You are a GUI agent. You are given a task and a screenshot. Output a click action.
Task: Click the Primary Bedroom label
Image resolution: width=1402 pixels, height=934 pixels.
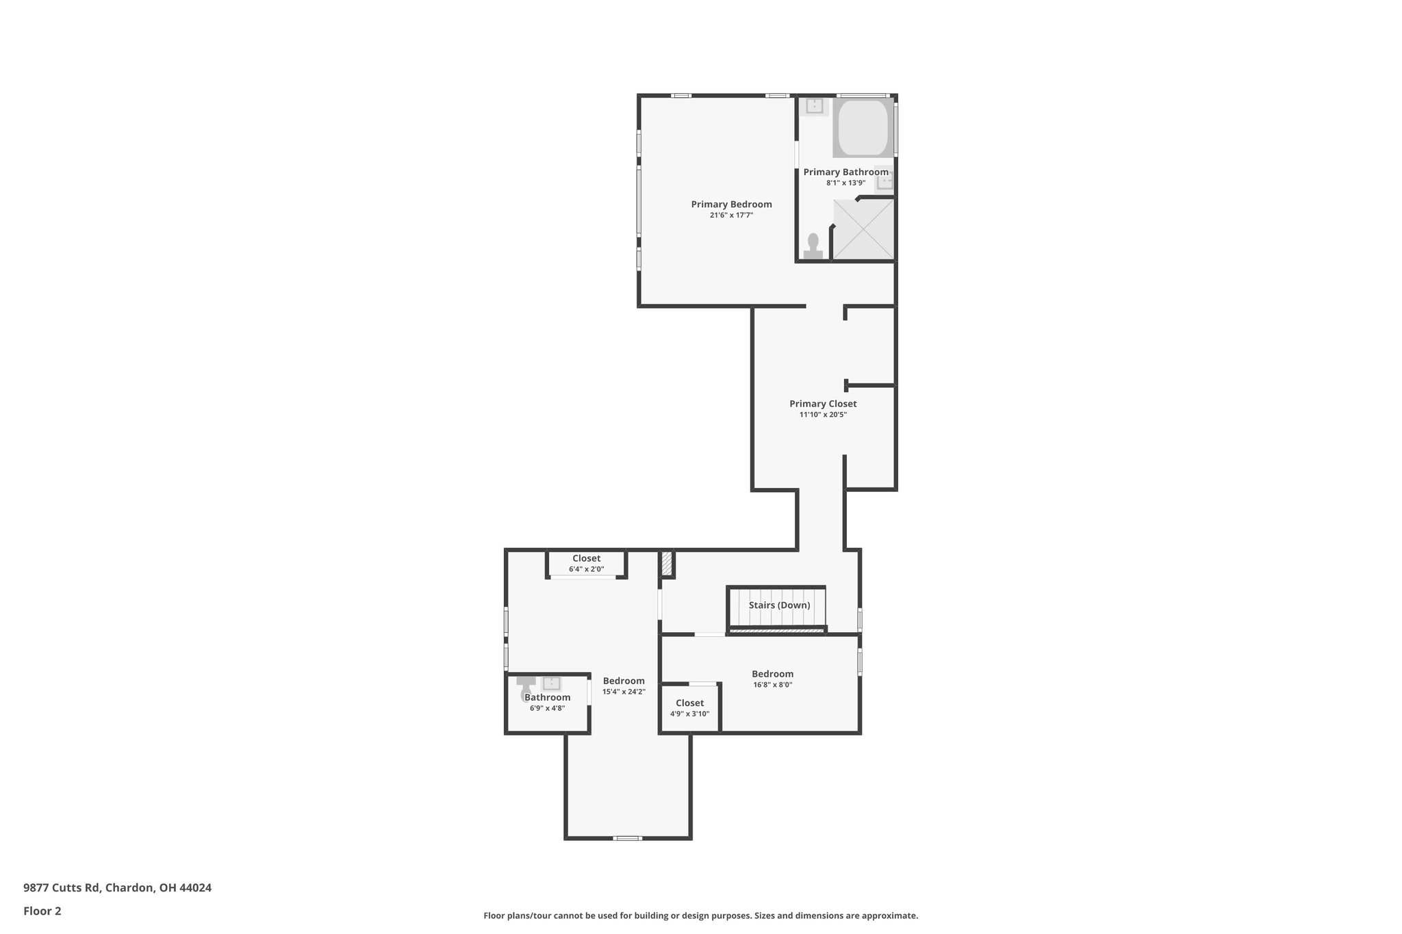coord(731,205)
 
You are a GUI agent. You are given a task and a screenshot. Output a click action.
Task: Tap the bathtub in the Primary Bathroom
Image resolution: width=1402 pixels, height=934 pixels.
coord(863,128)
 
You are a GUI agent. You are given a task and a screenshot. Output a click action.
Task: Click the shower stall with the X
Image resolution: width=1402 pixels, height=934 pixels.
coord(863,229)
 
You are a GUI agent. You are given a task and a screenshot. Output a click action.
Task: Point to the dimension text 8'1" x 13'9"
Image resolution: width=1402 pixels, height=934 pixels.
coord(845,183)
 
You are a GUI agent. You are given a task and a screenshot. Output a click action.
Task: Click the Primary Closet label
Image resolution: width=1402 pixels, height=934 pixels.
coord(823,404)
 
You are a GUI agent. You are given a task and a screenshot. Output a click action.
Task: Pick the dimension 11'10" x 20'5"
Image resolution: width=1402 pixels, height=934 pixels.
coord(823,415)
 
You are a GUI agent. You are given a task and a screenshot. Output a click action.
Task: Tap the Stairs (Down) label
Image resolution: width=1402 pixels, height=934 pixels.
coord(779,606)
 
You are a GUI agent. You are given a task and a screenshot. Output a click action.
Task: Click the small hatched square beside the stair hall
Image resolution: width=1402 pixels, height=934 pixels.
coord(667,565)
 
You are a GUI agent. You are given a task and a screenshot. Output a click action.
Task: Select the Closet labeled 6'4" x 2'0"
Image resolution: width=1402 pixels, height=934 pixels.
coord(586,559)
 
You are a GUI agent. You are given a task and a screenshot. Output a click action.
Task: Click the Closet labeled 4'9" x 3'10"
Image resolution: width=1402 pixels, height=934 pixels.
coord(689,703)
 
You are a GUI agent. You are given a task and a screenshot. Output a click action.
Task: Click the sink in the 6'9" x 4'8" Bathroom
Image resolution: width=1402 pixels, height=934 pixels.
coord(551,683)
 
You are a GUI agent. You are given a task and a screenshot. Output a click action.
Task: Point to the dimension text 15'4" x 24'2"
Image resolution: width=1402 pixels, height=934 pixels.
coord(624,692)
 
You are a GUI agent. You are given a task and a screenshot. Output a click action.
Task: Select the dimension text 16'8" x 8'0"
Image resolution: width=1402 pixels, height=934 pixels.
coord(772,685)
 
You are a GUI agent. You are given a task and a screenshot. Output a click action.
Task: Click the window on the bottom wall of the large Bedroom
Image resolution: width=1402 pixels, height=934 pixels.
coord(626,838)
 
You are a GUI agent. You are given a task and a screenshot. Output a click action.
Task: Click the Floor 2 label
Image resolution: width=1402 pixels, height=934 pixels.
coord(42,911)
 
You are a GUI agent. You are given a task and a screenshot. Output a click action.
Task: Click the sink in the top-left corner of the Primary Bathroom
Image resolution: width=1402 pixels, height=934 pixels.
coord(814,106)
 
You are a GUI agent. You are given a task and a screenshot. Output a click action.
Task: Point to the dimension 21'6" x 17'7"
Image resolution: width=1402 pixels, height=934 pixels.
coord(731,216)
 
